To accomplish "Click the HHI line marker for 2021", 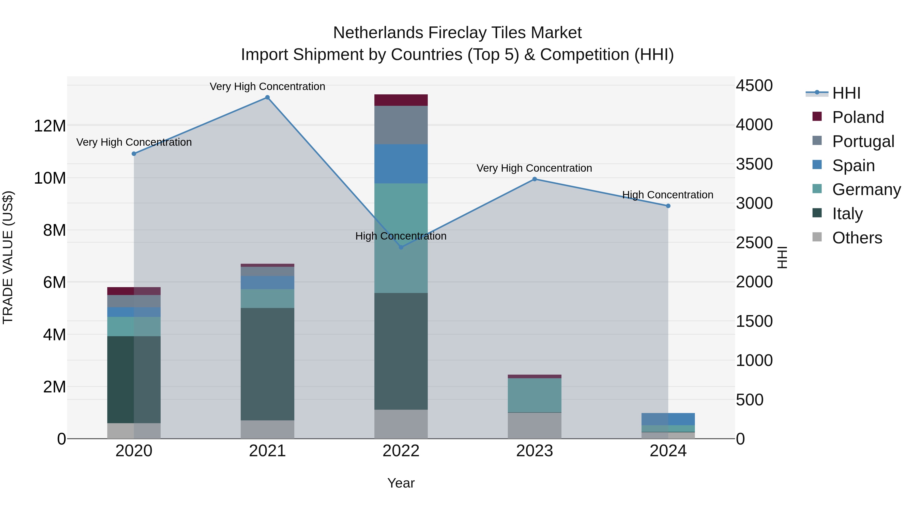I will click(x=267, y=97).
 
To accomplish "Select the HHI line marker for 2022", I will click(x=401, y=247).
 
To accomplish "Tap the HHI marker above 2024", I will click(x=668, y=206).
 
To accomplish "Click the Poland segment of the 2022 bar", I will click(x=401, y=100).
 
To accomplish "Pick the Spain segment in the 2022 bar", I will click(x=401, y=164).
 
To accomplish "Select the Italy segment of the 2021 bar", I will click(x=267, y=364).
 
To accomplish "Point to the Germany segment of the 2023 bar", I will click(x=535, y=395).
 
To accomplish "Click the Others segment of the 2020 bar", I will click(x=134, y=431).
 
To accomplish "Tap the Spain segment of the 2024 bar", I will click(x=668, y=419).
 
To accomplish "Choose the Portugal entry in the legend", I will click(x=863, y=141).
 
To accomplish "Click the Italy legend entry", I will click(x=847, y=214).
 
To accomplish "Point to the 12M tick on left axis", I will click(x=50, y=126).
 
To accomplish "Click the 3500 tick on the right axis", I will click(x=754, y=164).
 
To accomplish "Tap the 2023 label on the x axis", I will click(x=535, y=451).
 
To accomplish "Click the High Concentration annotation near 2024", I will click(x=668, y=195).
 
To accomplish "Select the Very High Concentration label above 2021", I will click(x=267, y=86).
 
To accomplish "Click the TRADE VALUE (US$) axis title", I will click(x=8, y=257).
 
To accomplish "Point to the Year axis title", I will click(x=401, y=483).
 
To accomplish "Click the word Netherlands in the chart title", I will click(x=378, y=33).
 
